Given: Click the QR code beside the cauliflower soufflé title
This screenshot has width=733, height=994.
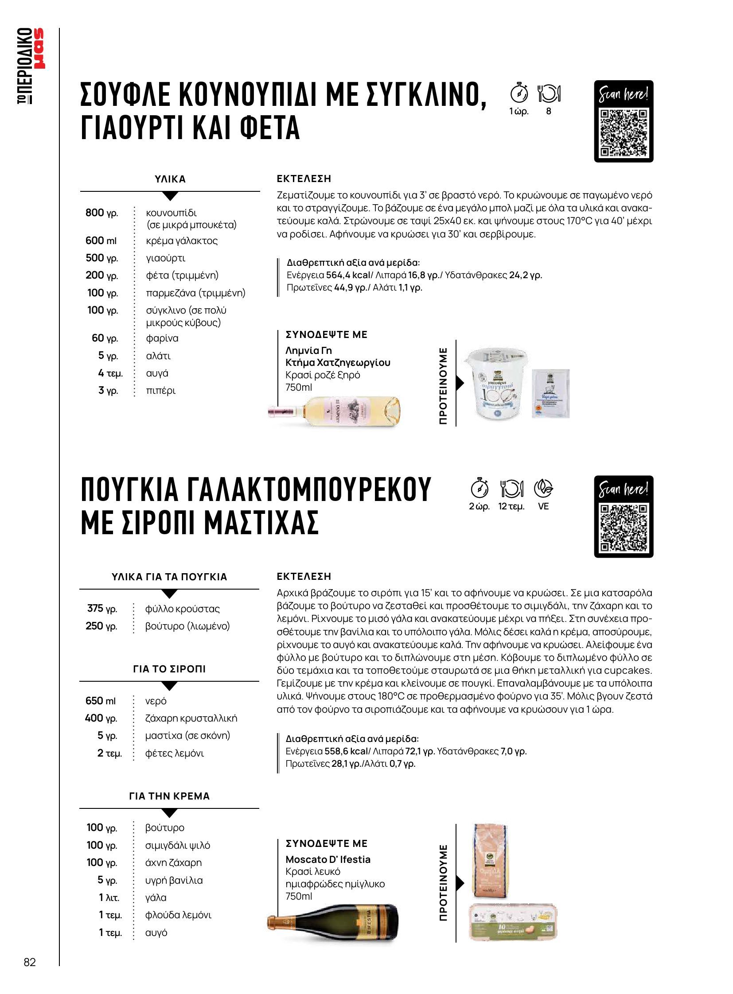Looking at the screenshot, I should [x=624, y=133].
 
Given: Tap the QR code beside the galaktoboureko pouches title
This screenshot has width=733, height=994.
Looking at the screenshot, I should [x=624, y=528].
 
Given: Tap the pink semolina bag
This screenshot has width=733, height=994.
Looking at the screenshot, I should [x=489, y=861].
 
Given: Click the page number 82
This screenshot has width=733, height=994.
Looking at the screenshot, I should [x=30, y=962].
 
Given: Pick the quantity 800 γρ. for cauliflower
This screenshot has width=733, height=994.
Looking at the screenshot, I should [x=101, y=213].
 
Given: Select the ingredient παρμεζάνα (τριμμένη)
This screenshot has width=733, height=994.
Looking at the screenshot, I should [x=196, y=293].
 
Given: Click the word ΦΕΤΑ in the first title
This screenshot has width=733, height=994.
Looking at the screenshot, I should [x=270, y=128].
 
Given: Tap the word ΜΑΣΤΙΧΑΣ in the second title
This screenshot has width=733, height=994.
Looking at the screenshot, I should [x=261, y=523].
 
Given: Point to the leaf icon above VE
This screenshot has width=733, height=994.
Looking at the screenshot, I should [x=543, y=488].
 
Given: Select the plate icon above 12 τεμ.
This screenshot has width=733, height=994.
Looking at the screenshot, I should [x=511, y=488].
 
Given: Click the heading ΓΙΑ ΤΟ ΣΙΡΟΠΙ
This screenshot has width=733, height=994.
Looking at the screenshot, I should [x=169, y=669].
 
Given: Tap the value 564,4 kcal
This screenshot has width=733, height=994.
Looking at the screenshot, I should [x=348, y=275].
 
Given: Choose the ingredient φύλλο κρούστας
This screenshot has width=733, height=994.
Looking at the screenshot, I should [x=182, y=609].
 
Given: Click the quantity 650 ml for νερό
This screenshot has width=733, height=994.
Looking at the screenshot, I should [x=100, y=701].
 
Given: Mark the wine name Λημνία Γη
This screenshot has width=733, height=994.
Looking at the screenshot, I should [x=308, y=350].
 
